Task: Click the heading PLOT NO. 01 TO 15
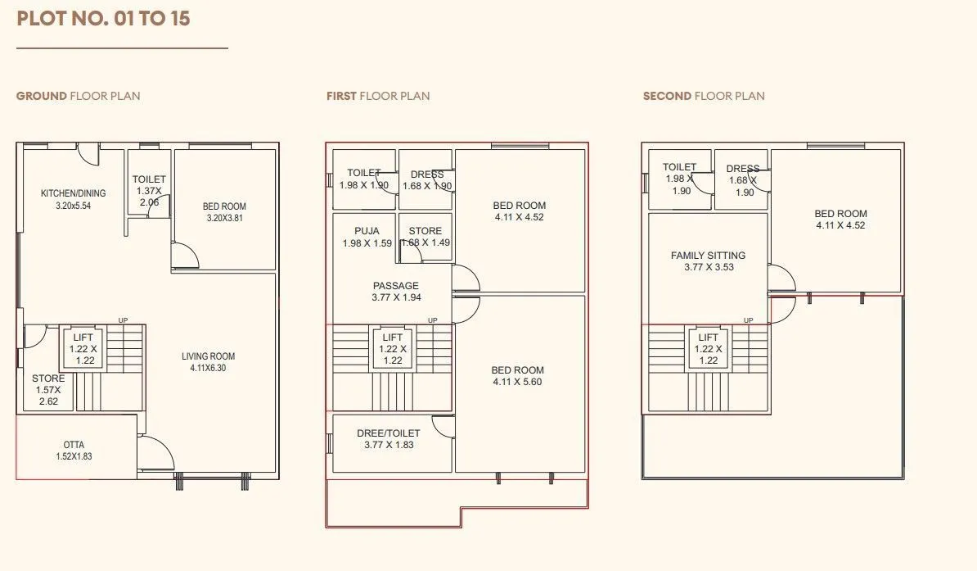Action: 103,18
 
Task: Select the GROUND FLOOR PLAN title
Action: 78,96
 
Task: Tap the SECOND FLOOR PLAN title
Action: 704,96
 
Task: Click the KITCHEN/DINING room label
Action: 73,193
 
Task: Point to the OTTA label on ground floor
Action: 74,445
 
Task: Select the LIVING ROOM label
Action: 208,356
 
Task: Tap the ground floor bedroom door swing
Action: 187,256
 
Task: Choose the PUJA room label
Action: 367,231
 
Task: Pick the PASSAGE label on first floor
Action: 396,286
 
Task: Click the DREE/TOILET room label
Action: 388,433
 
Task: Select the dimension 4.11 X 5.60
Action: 517,382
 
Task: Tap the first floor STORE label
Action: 425,231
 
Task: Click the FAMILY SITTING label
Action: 708,256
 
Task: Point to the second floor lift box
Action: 708,349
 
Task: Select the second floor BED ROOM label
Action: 840,214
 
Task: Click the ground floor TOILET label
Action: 149,179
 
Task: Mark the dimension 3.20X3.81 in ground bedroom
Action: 224,219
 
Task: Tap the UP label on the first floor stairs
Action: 432,320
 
